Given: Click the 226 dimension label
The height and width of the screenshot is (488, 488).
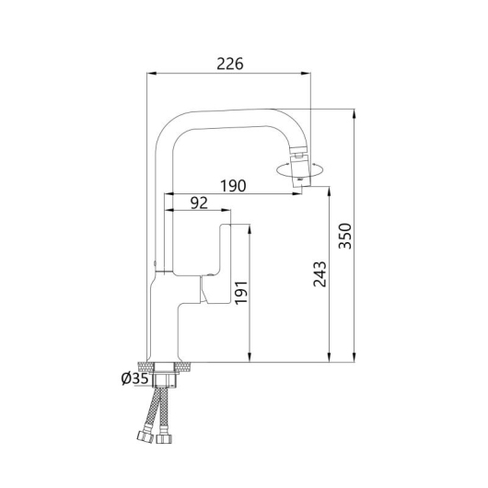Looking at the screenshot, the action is [230, 64].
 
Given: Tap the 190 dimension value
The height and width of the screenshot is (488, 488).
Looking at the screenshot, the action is [233, 185].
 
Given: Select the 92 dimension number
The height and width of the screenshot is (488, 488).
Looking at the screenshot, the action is [199, 203].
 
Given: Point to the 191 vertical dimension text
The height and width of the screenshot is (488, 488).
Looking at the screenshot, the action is [241, 293].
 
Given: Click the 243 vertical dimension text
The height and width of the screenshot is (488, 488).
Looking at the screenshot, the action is [320, 274].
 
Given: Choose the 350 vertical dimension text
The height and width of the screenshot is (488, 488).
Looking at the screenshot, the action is [345, 237].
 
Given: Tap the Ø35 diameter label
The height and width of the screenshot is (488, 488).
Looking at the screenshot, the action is [134, 378].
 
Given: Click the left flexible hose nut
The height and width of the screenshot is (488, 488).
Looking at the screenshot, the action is [145, 436].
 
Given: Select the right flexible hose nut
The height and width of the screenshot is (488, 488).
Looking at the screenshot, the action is [164, 438].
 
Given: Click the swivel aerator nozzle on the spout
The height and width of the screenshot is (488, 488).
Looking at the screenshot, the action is [300, 170].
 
